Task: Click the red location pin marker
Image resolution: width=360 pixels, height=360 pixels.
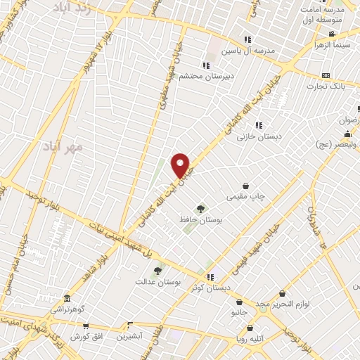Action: (181, 165)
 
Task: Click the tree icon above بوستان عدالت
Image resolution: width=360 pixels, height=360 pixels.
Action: (157, 270)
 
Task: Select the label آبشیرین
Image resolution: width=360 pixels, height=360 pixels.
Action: (130, 336)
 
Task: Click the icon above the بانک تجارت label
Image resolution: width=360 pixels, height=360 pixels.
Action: (325, 75)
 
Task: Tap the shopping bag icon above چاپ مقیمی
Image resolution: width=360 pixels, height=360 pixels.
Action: (245, 186)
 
